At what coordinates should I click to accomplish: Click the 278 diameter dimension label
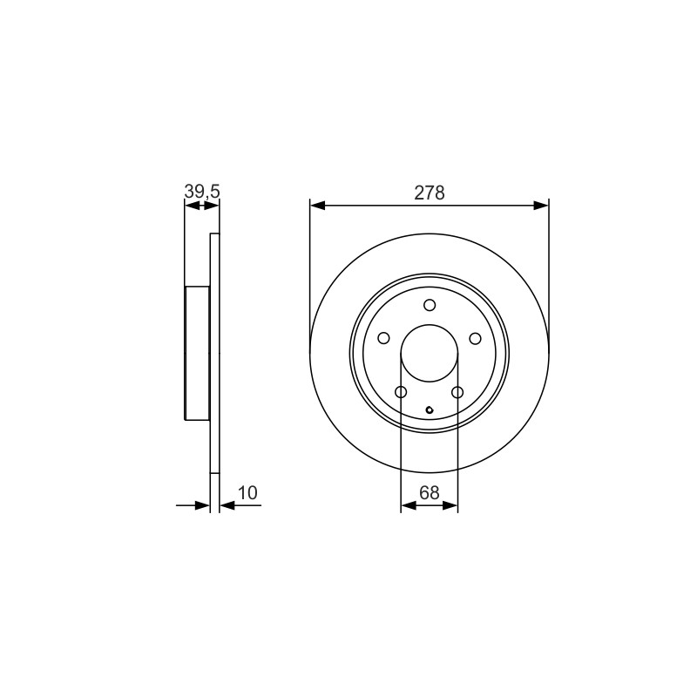(430, 193)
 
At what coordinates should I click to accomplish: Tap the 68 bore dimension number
(430, 492)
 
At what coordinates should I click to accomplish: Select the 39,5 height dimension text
(202, 192)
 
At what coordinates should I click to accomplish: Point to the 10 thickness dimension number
(247, 493)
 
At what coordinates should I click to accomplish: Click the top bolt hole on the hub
(430, 305)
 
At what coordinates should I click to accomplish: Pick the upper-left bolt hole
(383, 338)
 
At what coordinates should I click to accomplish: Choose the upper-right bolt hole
(475, 338)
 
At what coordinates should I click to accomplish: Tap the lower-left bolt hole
(401, 392)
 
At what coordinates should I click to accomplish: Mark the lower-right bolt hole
(457, 392)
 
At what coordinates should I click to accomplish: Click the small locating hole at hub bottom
(430, 409)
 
